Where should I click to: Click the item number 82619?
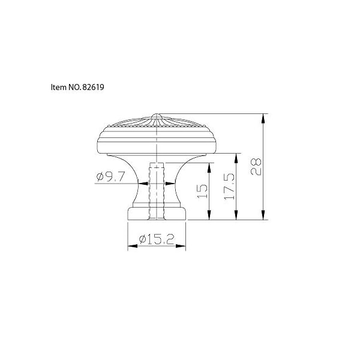coord(93,87)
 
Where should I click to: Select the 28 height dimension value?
coord(256,167)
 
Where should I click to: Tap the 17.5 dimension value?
coord(229,187)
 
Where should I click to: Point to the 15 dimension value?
coord(202,191)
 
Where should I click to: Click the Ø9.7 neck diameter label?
coord(110,176)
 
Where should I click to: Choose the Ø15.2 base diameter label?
coord(157,239)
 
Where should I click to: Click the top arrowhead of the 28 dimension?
coord(263,118)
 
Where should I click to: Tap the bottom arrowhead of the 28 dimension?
coord(263,215)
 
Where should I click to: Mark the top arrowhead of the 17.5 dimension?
coord(236,158)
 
